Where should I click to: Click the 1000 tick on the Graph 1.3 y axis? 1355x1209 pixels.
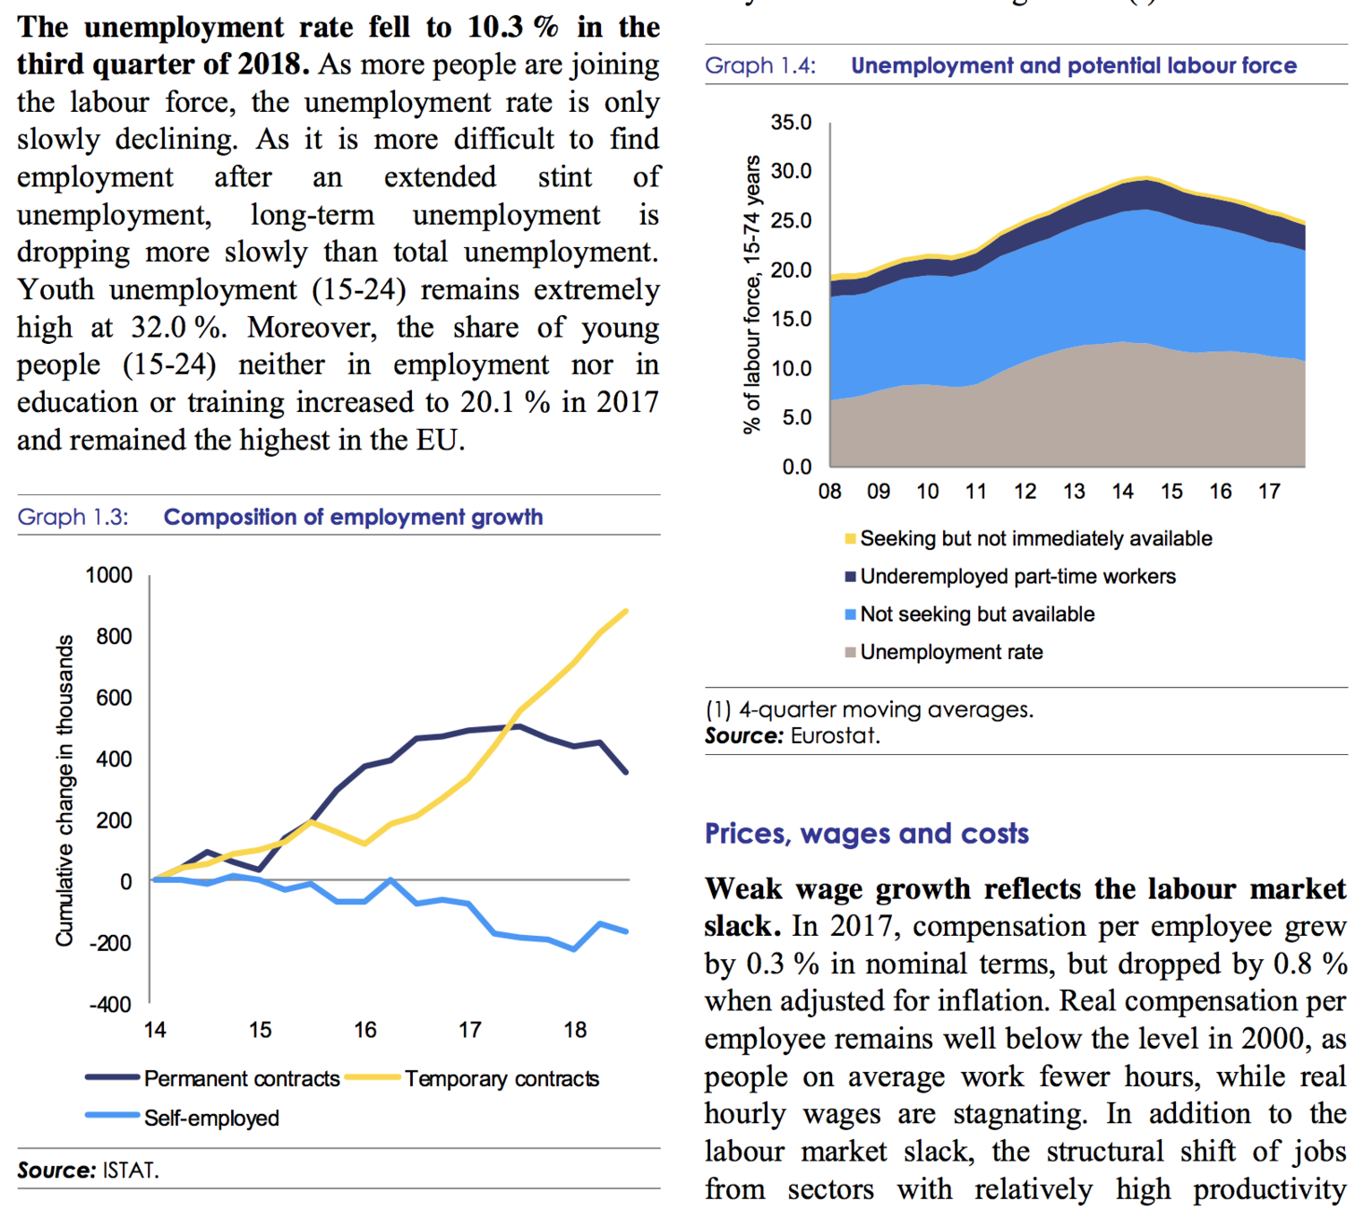[x=108, y=575]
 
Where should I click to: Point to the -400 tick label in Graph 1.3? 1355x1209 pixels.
[x=109, y=1004]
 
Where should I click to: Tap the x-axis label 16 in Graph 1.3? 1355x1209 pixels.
[x=364, y=1030]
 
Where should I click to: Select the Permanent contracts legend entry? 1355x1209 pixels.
[x=240, y=1078]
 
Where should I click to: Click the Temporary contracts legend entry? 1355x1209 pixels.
[x=501, y=1078]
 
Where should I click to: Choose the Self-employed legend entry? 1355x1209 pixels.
[x=210, y=1118]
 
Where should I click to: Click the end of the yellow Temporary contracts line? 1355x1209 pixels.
[x=625, y=611]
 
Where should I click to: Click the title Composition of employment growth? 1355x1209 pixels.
[x=353, y=517]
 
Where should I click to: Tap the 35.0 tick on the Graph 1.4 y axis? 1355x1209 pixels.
[x=791, y=123]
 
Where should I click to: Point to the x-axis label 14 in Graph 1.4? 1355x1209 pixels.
[x=1122, y=491]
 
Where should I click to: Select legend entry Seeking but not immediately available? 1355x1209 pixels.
[x=1035, y=538]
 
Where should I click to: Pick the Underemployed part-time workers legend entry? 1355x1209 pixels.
[x=1017, y=576]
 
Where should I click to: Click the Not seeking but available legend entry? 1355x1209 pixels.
[x=977, y=614]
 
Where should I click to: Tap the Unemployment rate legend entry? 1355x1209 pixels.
[x=951, y=652]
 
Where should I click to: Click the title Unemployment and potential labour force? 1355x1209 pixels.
[x=1073, y=65]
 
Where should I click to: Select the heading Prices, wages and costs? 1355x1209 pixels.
[x=866, y=833]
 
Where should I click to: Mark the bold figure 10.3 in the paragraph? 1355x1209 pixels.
[x=495, y=27]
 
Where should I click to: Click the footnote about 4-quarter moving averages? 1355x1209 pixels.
[x=869, y=710]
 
